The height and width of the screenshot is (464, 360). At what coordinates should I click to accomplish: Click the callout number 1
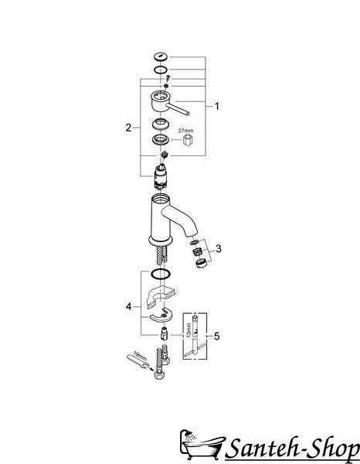click(217, 106)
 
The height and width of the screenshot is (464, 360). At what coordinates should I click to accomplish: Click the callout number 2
click(128, 128)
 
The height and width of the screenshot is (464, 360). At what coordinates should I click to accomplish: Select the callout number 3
click(219, 248)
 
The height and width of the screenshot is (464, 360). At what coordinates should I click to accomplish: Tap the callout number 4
click(128, 306)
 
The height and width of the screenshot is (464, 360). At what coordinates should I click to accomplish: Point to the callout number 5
click(217, 336)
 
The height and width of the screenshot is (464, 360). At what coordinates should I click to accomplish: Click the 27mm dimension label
click(185, 130)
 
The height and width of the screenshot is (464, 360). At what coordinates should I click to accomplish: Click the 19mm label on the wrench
click(140, 356)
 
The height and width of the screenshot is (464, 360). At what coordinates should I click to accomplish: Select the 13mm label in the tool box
click(189, 329)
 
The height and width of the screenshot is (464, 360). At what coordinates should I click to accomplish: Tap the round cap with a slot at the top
click(161, 56)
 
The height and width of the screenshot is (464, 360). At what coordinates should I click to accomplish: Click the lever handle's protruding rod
click(178, 108)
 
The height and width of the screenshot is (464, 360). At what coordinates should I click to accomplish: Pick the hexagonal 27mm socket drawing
click(188, 140)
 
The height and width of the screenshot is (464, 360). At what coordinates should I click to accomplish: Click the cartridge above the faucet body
click(161, 176)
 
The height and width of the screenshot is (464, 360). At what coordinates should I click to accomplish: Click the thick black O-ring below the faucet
click(161, 274)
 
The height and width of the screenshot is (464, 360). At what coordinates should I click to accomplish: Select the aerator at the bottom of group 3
click(201, 263)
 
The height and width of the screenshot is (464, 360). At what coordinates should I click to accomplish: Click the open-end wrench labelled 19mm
click(139, 362)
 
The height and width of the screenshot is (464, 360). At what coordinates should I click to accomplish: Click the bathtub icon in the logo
click(201, 447)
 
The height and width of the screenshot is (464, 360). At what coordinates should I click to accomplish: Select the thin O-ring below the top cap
click(161, 70)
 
